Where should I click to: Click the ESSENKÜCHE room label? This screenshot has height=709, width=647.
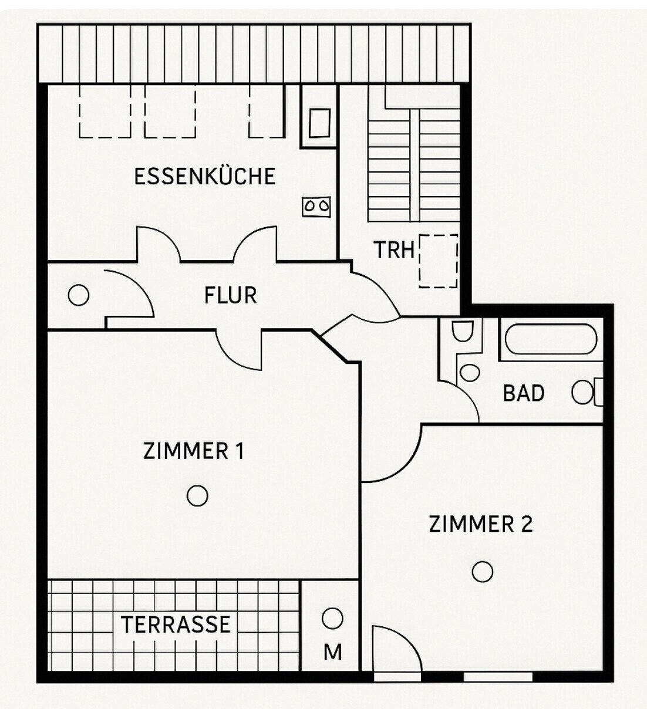click(x=205, y=176)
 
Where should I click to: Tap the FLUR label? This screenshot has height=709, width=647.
click(x=230, y=295)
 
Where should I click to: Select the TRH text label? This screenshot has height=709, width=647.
click(x=394, y=250)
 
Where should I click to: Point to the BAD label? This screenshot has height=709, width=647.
click(x=523, y=393)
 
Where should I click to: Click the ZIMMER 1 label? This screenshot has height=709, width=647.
click(x=193, y=451)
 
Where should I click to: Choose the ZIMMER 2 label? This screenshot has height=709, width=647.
click(x=480, y=524)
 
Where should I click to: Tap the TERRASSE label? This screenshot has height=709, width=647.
click(x=176, y=624)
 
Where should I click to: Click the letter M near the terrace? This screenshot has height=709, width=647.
click(x=332, y=652)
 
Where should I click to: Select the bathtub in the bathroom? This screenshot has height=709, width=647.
click(x=551, y=337)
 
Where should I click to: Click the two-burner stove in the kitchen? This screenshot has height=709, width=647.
click(x=316, y=206)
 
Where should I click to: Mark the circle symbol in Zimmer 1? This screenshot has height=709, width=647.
click(x=197, y=496)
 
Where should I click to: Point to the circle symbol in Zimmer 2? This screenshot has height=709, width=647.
click(x=482, y=571)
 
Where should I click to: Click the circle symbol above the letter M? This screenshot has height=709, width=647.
click(x=332, y=619)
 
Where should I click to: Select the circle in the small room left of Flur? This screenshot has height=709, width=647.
click(x=79, y=295)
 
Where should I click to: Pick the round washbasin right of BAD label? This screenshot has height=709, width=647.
click(x=582, y=393)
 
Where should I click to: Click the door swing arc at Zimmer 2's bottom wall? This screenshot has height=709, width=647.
click(x=396, y=649)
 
